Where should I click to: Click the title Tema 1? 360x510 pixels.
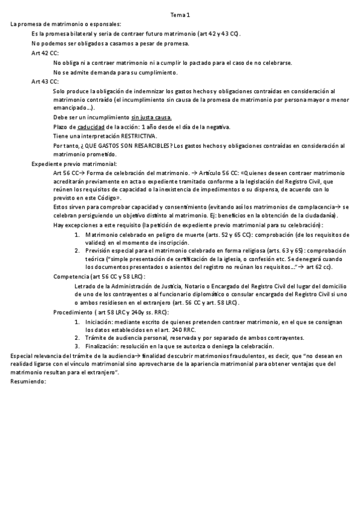[x=180, y=14]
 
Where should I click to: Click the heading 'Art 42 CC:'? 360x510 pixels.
[x=45, y=53]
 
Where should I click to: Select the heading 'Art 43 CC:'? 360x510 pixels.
[x=45, y=81]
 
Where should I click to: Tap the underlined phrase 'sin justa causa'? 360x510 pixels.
[x=151, y=117]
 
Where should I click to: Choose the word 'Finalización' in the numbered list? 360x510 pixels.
[x=103, y=346]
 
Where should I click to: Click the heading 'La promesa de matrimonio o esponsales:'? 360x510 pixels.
[x=66, y=23]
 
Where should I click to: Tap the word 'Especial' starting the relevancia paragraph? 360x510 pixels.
[x=23, y=356]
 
